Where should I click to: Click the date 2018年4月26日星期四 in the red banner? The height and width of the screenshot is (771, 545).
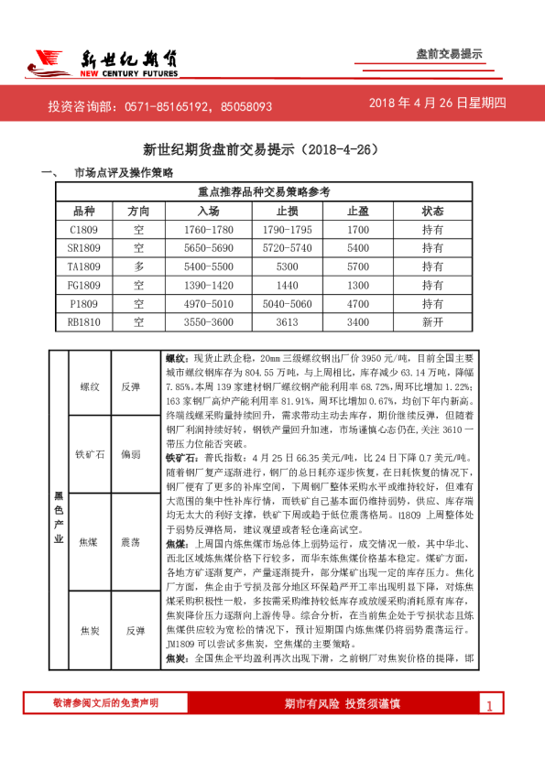(437, 103)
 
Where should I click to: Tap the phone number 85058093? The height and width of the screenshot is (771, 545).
(245, 106)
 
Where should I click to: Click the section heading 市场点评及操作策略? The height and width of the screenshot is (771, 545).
(124, 172)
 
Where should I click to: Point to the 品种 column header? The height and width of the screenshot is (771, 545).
(83, 211)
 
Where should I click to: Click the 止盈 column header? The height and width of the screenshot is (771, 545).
(358, 211)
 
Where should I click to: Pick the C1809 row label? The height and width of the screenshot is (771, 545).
(83, 229)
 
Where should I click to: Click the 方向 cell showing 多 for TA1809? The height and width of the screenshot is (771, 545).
(138, 266)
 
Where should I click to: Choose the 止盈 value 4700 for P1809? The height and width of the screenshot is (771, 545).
(358, 303)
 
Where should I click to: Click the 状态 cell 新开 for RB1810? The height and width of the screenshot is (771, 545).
(432, 322)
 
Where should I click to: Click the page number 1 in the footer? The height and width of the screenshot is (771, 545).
(489, 705)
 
